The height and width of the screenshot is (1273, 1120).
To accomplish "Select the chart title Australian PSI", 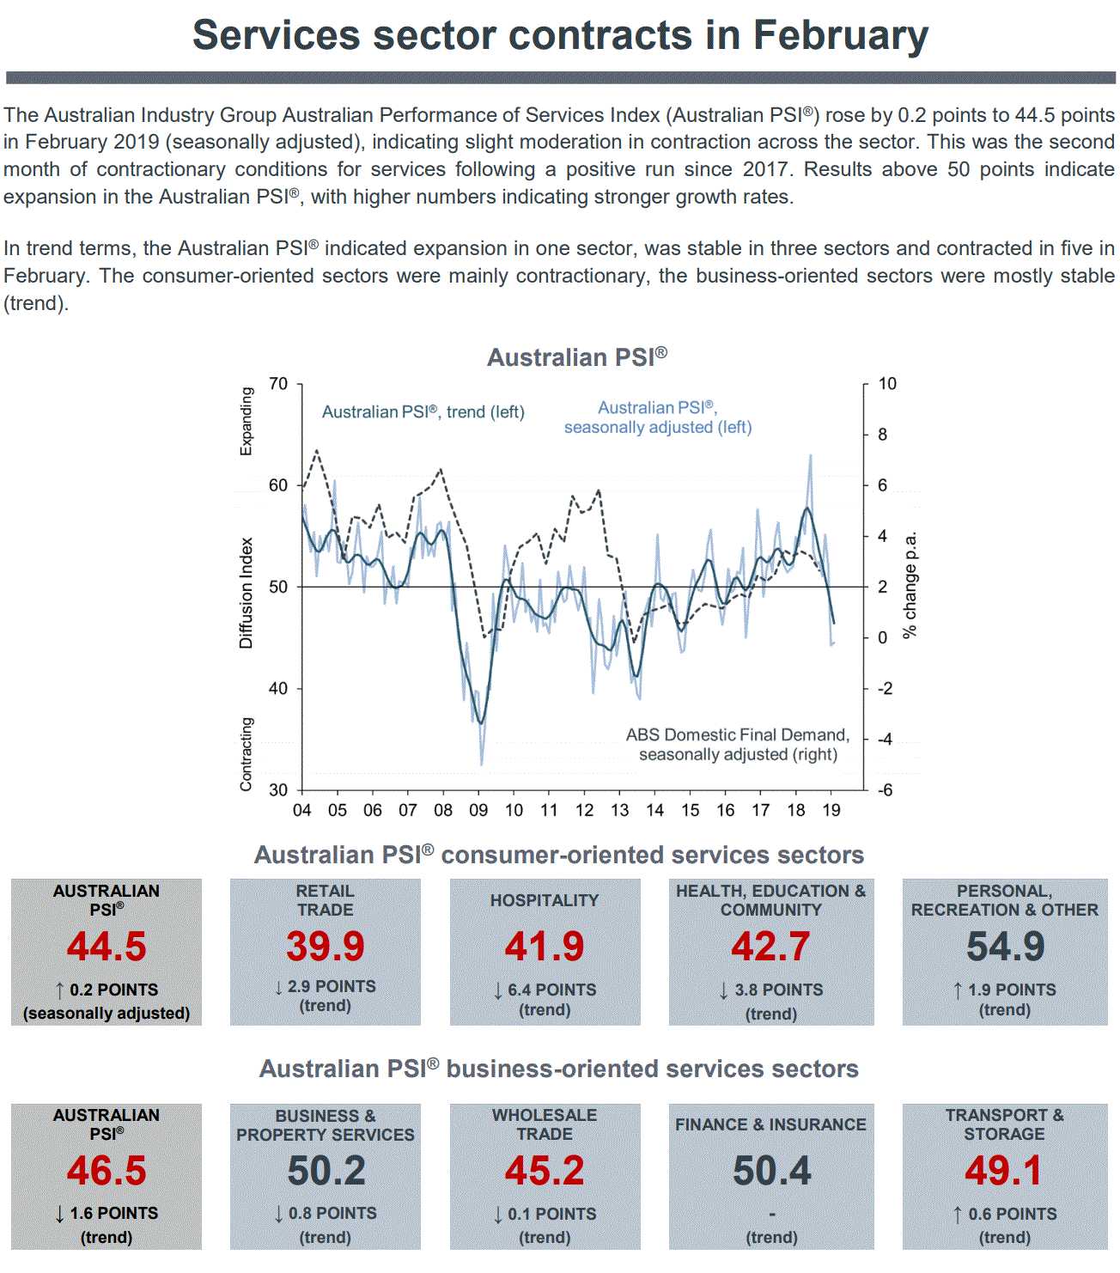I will [x=576, y=357].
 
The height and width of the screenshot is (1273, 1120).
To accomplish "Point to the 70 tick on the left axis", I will [x=278, y=384].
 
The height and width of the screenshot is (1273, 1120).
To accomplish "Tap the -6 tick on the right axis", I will [x=885, y=790].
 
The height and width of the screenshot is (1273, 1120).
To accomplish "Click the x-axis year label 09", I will [x=478, y=810].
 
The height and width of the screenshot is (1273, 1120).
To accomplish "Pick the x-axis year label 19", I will [x=831, y=810].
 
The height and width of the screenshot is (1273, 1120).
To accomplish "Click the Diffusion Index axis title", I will [x=247, y=593].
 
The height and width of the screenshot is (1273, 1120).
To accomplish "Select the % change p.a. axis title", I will [x=910, y=584].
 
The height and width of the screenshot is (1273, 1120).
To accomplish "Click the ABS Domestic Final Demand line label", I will [x=737, y=745].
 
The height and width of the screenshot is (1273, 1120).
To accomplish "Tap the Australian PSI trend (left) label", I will [x=423, y=412].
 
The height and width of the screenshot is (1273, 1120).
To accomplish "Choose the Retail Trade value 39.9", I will [x=326, y=947].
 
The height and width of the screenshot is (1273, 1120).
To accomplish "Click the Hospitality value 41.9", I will [x=545, y=947].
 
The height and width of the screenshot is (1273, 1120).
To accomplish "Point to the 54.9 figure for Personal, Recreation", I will [x=1005, y=947].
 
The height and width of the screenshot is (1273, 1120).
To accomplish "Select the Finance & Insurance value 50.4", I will [x=771, y=1171].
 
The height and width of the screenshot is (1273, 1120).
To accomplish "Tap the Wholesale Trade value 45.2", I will [x=545, y=1171].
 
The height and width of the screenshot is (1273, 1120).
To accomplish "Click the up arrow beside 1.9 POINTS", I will [x=958, y=990].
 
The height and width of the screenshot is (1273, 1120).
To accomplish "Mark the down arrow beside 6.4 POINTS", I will [x=498, y=990].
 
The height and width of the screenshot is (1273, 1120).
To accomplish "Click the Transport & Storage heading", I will [x=1005, y=1124].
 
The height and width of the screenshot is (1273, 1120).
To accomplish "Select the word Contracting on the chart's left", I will [x=247, y=754].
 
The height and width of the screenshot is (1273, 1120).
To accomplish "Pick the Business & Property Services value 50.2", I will [x=326, y=1171].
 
